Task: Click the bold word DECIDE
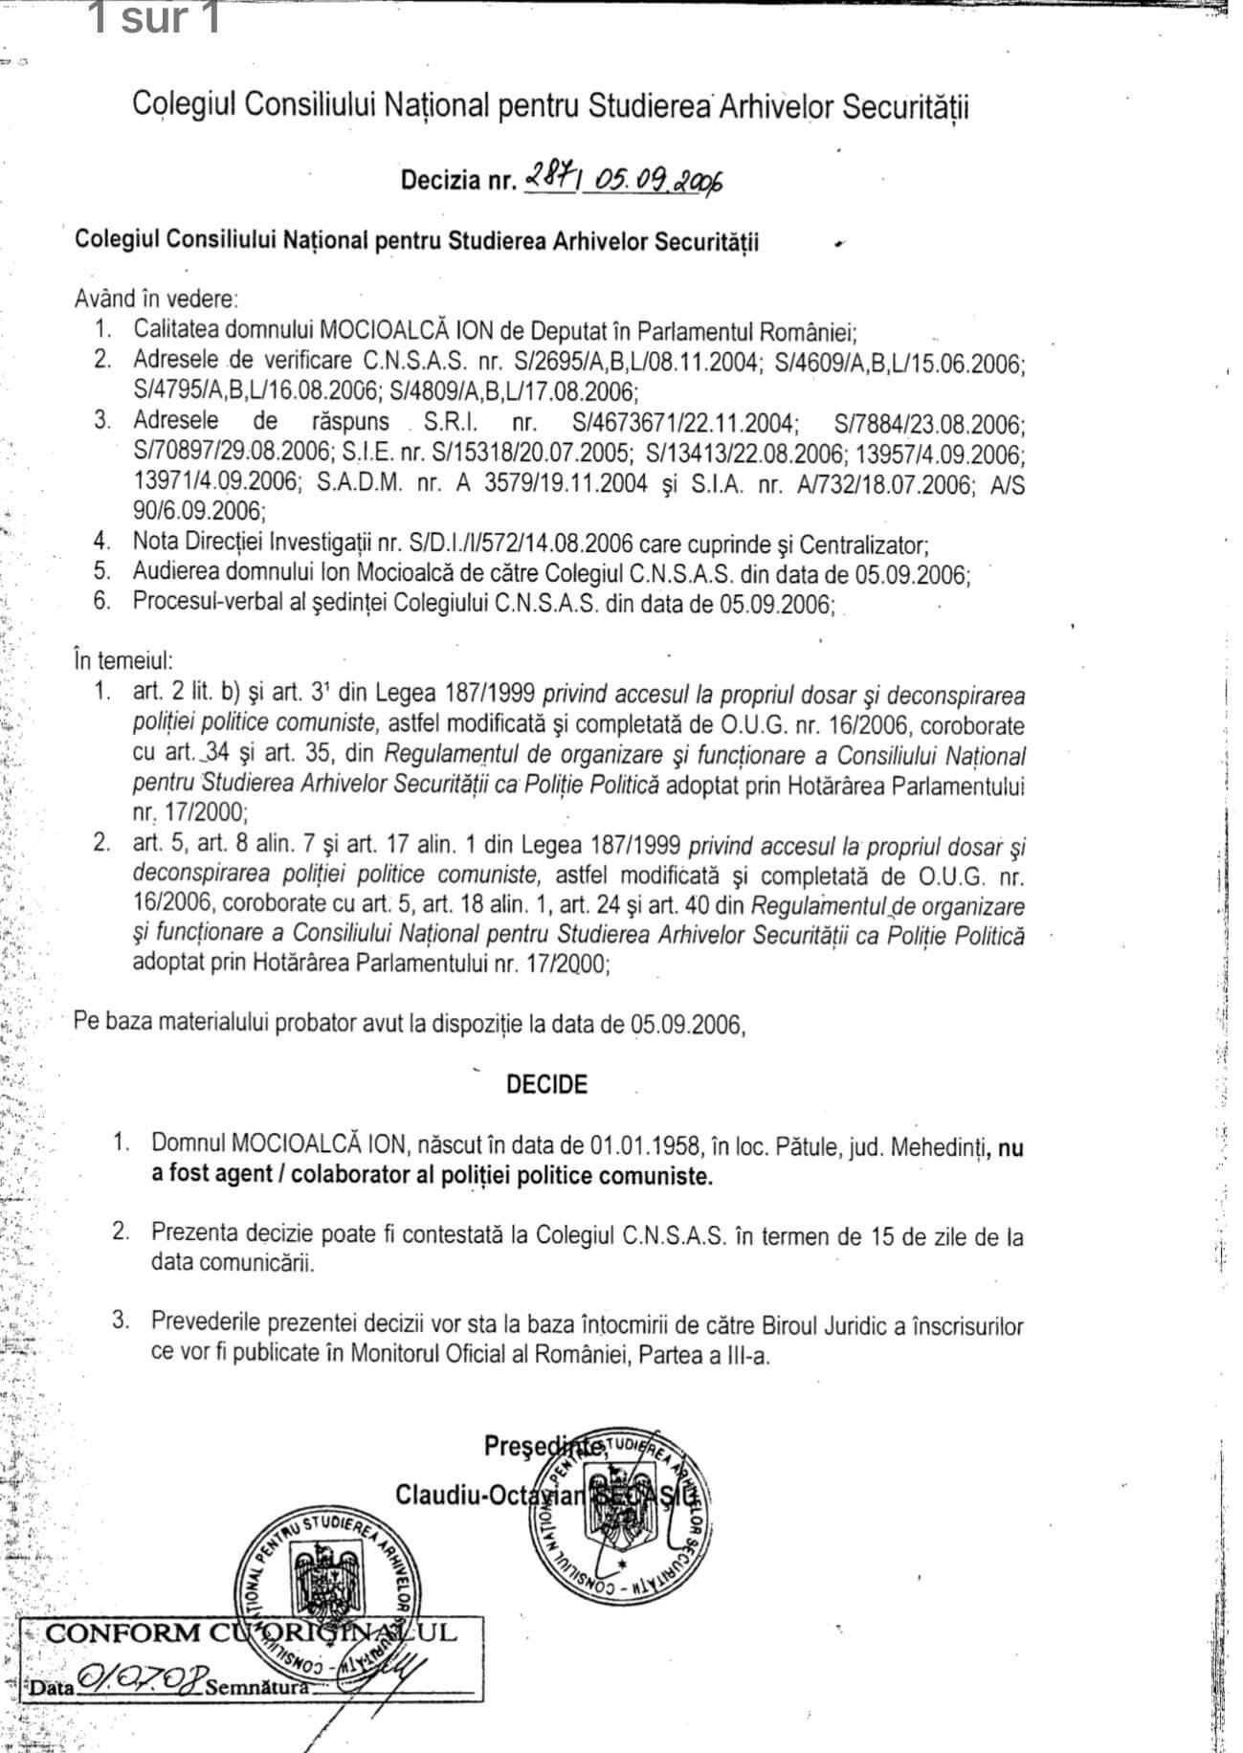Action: pos(546,1084)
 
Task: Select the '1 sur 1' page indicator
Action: pos(154,19)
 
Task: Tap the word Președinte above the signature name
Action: pos(543,1446)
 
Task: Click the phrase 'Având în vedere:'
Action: pos(157,299)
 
